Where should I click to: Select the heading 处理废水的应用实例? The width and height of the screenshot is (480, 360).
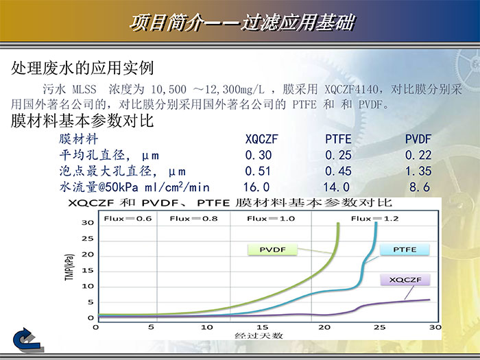(82, 69)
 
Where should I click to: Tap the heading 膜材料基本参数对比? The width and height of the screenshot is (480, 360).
(82, 122)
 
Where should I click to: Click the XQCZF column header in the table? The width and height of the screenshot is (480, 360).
(261, 140)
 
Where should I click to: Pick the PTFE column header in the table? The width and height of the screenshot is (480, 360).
(338, 140)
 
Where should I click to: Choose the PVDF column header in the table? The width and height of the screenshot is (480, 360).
(418, 140)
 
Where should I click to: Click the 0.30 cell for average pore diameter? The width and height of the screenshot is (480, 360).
(258, 156)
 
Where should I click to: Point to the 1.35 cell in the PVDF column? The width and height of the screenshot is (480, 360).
(418, 171)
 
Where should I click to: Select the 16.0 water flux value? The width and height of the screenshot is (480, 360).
(256, 187)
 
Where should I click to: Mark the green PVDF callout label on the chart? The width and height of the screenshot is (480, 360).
(273, 250)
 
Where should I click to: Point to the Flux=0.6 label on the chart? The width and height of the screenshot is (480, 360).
(124, 219)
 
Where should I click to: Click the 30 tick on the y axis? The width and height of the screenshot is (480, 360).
(87, 223)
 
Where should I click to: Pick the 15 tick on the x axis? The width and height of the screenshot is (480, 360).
(261, 327)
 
